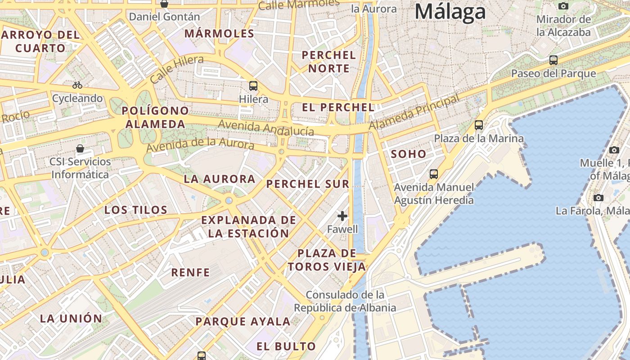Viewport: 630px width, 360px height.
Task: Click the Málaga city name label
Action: [450, 12]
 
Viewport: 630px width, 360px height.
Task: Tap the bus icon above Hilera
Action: [253, 85]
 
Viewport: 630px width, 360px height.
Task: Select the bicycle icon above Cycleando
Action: [77, 85]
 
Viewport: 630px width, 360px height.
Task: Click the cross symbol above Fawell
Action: [342, 216]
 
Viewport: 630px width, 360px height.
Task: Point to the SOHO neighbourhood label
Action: [408, 154]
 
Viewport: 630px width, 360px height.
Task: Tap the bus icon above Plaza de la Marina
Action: [479, 125]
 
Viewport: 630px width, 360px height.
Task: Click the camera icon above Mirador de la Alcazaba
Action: [563, 6]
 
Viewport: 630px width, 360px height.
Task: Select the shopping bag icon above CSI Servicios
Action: [80, 148]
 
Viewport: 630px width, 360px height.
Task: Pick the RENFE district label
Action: [190, 272]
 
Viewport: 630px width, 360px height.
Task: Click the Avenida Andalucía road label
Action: [265, 128]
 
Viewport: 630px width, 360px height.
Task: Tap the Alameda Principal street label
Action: [414, 112]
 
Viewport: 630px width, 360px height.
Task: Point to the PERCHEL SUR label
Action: [307, 184]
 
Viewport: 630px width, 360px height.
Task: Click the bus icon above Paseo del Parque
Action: [553, 60]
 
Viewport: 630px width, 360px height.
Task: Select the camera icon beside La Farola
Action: [598, 198]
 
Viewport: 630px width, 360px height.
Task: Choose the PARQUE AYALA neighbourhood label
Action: [243, 321]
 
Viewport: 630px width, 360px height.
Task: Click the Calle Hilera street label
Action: [176, 69]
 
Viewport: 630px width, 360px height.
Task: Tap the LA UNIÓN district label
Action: [71, 318]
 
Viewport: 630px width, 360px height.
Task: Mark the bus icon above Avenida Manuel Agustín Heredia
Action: [434, 174]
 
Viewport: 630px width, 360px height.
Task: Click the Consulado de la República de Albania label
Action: [345, 301]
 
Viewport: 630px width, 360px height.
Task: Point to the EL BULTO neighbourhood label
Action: [286, 346]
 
